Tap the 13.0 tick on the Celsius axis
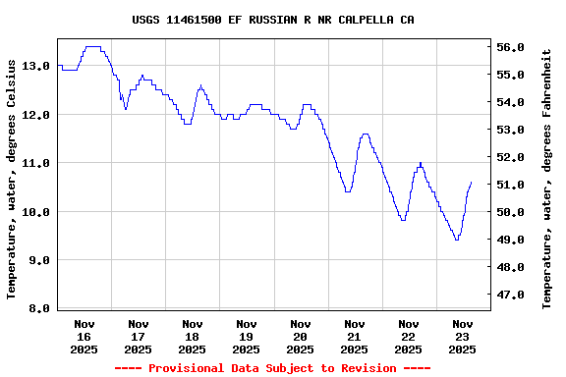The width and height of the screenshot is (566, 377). (x=35, y=66)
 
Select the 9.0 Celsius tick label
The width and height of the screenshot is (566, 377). (x=35, y=260)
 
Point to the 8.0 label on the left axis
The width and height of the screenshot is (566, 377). (x=35, y=308)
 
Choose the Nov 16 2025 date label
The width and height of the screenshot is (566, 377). (x=85, y=336)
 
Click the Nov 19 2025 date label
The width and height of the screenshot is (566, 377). (x=247, y=336)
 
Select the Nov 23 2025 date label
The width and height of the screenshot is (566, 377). (x=462, y=336)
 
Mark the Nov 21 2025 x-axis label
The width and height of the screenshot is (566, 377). (x=354, y=336)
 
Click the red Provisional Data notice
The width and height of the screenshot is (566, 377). (x=272, y=368)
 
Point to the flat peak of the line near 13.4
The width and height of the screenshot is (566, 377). (x=93, y=46)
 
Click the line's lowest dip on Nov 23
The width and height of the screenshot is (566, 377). (x=456, y=240)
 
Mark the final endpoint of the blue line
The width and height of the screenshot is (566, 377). (x=472, y=182)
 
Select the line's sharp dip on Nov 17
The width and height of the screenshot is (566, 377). (x=126, y=108)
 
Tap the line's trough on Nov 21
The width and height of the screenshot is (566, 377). (x=348, y=191)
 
